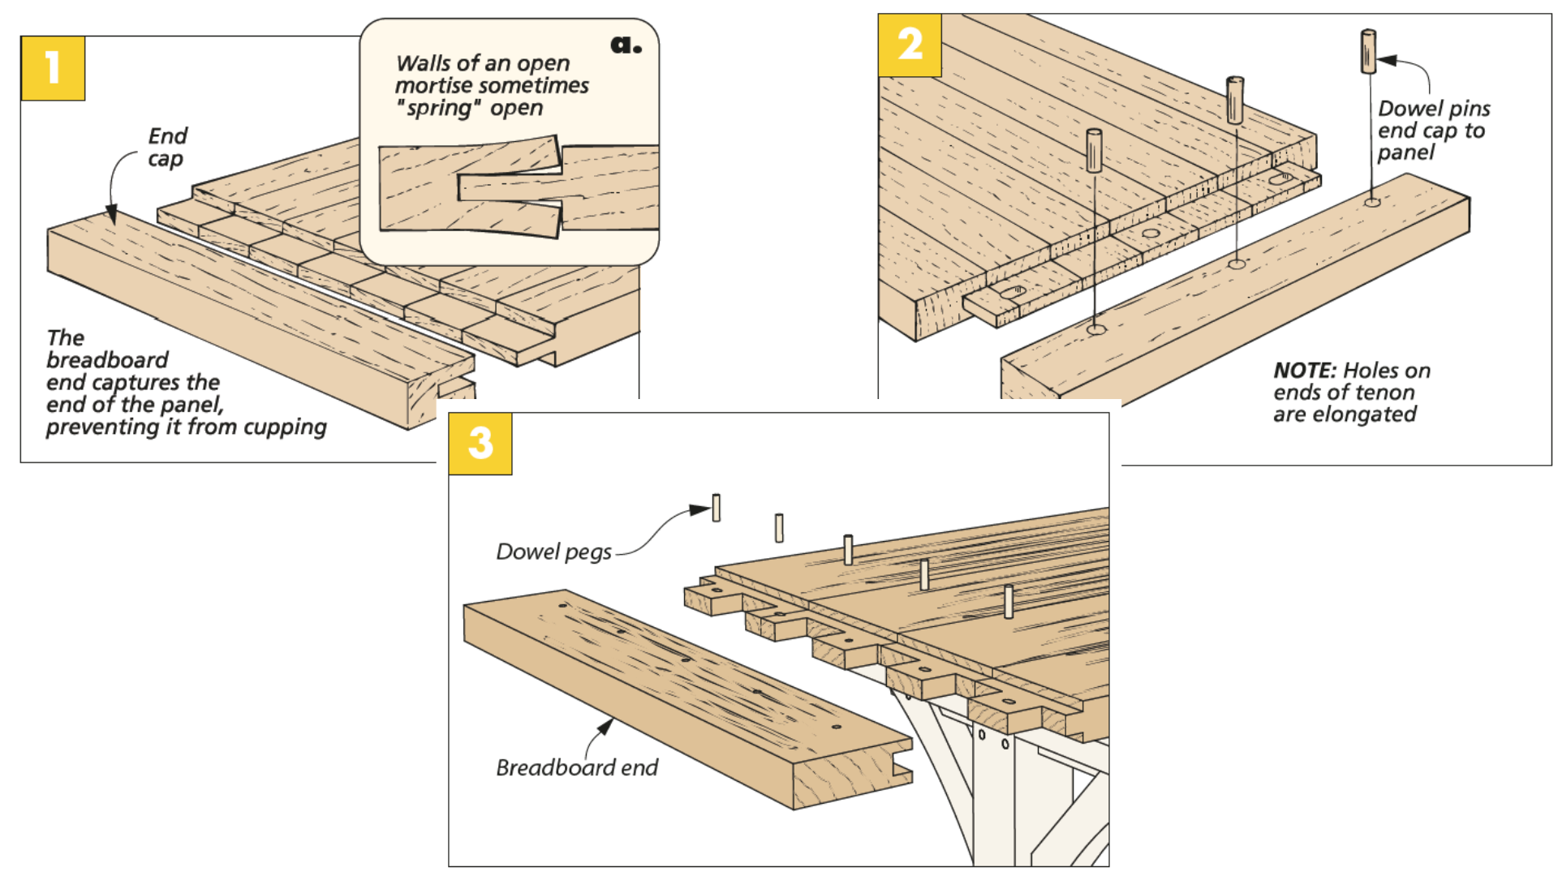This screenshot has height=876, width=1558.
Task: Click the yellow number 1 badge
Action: (53, 68)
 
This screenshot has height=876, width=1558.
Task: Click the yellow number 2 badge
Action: (910, 45)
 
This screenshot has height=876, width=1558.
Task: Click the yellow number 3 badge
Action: (480, 443)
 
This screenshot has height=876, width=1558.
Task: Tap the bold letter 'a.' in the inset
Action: (626, 45)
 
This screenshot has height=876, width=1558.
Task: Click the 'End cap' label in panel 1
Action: (167, 147)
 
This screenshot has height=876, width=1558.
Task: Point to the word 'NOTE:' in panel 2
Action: (1304, 371)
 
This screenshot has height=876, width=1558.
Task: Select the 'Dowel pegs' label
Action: (553, 552)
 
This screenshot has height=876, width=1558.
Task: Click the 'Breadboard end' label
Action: (577, 767)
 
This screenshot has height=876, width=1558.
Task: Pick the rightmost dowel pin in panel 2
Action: (1368, 51)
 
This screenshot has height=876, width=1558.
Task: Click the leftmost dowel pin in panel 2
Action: (1094, 150)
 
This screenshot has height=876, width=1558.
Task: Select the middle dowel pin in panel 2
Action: (1235, 100)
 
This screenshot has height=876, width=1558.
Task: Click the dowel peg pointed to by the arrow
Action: (716, 508)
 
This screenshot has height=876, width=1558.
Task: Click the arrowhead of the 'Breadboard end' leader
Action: (605, 724)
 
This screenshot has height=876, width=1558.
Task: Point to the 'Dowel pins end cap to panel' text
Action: (1433, 131)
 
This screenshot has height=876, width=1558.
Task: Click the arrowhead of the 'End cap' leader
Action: (112, 216)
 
